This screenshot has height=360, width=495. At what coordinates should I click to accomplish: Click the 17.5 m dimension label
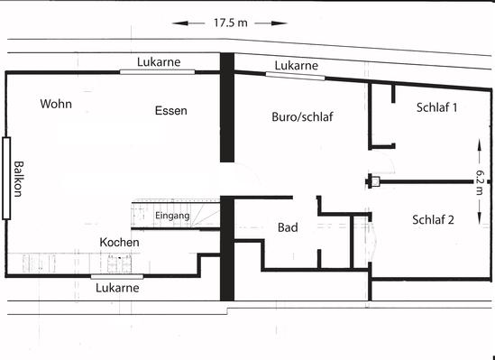[231, 23]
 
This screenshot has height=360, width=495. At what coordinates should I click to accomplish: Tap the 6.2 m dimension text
[479, 182]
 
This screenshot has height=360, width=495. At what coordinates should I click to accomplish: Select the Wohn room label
[56, 104]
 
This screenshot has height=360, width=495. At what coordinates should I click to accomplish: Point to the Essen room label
[170, 110]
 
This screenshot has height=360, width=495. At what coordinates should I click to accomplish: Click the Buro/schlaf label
[302, 117]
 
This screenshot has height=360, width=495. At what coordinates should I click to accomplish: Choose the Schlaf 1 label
[436, 107]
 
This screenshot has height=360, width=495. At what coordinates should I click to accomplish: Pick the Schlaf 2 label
[433, 219]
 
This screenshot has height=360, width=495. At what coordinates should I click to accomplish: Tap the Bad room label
[288, 227]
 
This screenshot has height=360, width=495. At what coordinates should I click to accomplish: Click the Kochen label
[119, 242]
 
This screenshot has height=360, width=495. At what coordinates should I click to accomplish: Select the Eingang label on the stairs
[172, 216]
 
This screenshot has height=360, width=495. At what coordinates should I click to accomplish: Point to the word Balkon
[18, 179]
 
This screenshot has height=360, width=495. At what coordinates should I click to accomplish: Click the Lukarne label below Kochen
[117, 288]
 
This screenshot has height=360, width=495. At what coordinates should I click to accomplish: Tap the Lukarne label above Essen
[159, 62]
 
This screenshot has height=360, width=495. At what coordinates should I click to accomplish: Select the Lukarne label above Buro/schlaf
[296, 65]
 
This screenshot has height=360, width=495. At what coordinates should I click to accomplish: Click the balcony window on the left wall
[6, 178]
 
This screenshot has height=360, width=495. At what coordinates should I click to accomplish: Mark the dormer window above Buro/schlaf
[295, 76]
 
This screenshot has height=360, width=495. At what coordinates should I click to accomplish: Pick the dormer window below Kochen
[117, 277]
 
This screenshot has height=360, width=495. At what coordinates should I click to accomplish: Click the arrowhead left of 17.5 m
[180, 23]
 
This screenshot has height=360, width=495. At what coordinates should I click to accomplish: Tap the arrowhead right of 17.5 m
[280, 23]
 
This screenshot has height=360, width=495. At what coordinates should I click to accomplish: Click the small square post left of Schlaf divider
[375, 181]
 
